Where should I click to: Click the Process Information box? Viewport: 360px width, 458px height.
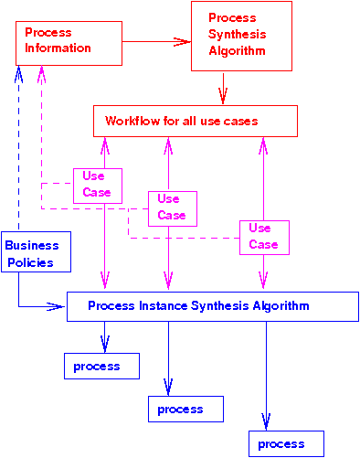[69, 42]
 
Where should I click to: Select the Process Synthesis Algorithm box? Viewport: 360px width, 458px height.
[241, 36]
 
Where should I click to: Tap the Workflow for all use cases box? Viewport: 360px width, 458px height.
[196, 122]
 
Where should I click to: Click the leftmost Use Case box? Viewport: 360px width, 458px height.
[98, 184]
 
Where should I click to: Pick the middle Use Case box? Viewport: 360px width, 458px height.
[172, 208]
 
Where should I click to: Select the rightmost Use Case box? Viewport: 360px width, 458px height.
[264, 237]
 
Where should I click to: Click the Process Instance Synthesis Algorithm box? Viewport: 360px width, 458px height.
[211, 306]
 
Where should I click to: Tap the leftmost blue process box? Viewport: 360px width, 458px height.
[101, 366]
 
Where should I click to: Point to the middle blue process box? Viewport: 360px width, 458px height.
[185, 409]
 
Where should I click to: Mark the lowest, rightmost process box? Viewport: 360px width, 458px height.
[286, 443]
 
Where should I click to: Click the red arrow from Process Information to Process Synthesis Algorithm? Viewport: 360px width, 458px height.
[155, 41]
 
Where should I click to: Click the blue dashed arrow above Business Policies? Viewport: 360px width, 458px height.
[18, 146]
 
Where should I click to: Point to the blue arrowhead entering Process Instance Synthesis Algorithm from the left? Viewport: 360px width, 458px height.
[58, 306]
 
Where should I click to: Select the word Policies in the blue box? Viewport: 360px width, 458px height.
[30, 263]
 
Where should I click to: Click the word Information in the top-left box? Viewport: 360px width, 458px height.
[58, 48]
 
